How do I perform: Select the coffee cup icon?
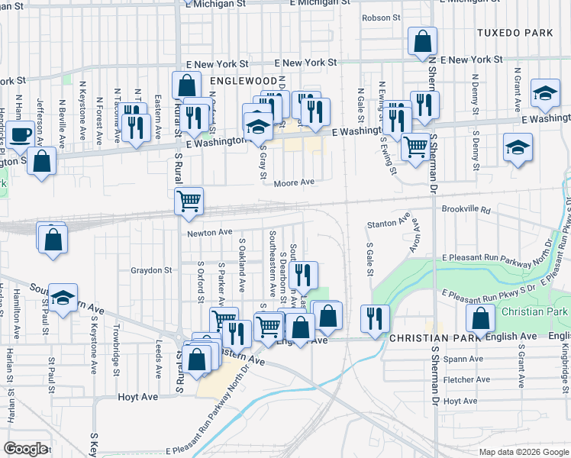(22, 134)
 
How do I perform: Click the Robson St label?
(381, 18)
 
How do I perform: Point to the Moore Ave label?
(295, 182)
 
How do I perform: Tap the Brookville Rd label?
(463, 208)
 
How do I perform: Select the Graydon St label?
(151, 270)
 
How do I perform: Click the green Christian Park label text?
(534, 312)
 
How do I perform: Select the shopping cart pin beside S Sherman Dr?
(415, 145)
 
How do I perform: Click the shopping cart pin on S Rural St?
(189, 202)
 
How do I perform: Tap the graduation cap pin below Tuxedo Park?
(546, 92)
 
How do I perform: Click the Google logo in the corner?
(25, 449)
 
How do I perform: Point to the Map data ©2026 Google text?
(523, 452)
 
